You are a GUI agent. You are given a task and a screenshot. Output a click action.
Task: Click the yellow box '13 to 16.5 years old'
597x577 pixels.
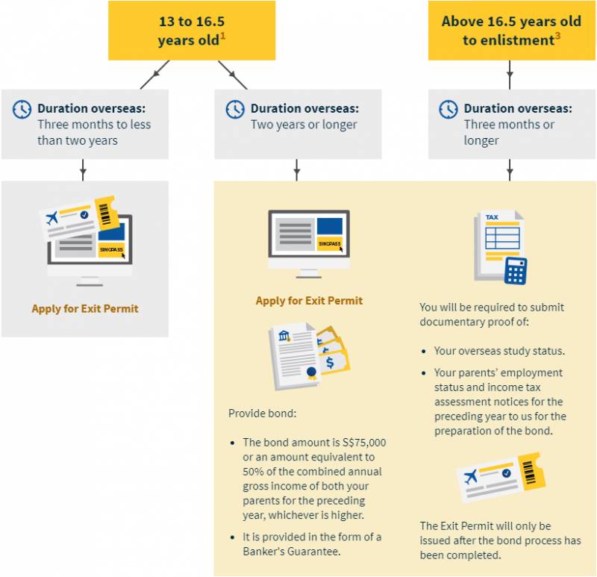(x=192, y=31)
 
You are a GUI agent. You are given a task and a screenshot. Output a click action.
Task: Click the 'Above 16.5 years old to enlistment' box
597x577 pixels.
(x=511, y=31)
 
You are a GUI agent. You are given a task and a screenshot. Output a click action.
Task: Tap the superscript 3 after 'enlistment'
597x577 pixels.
(x=557, y=36)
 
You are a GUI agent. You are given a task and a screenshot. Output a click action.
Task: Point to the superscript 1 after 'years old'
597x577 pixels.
(x=222, y=36)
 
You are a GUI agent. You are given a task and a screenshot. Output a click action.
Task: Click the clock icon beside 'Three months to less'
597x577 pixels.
(x=22, y=110)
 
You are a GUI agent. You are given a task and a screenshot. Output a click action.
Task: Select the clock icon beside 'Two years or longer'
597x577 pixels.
(x=235, y=110)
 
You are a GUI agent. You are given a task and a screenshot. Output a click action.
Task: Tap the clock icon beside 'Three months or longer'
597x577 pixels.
(x=448, y=110)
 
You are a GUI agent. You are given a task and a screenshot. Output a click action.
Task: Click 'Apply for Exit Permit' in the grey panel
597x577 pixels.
(x=85, y=308)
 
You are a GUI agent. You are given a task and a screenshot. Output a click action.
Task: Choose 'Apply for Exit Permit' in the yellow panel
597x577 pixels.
(x=309, y=301)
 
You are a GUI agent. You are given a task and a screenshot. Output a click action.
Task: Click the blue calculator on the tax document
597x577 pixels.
(x=516, y=271)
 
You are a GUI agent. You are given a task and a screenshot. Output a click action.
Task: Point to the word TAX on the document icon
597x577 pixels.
(x=492, y=217)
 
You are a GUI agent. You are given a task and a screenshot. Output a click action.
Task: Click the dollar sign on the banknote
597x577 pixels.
(x=330, y=363)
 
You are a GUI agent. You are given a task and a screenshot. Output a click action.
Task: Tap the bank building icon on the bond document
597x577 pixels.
(x=284, y=336)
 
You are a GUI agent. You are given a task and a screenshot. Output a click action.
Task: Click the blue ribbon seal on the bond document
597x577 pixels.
(x=311, y=372)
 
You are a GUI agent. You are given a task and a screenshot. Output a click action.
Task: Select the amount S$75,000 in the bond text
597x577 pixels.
(x=364, y=443)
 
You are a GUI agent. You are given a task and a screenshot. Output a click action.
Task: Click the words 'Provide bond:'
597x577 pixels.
(x=263, y=414)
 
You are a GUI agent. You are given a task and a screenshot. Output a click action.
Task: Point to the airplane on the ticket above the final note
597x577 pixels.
(x=471, y=476)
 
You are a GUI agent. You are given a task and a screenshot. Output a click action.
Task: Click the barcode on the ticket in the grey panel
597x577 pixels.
(x=104, y=214)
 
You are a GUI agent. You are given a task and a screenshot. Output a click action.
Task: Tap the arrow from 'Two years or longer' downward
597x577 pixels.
(x=297, y=170)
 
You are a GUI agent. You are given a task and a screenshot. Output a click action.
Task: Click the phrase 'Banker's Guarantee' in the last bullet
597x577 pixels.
(x=291, y=552)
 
